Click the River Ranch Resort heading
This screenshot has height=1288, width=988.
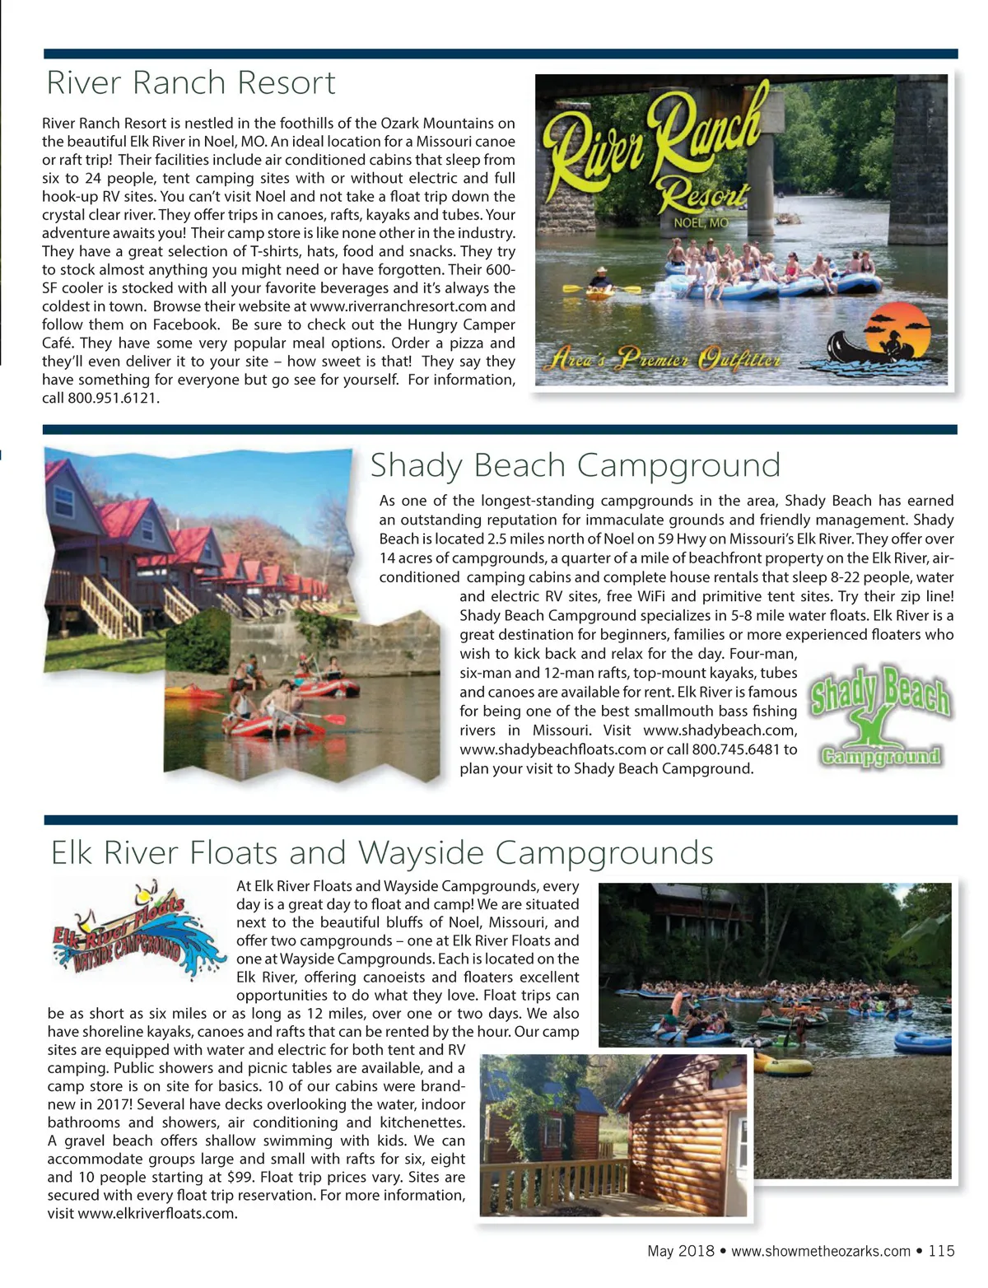(x=191, y=83)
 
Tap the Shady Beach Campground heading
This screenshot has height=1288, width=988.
(x=575, y=465)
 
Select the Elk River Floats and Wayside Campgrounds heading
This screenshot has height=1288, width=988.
(x=382, y=852)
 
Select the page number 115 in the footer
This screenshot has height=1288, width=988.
(x=941, y=1251)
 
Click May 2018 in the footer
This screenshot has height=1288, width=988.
(x=680, y=1251)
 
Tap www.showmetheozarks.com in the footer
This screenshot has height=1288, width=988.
(x=820, y=1251)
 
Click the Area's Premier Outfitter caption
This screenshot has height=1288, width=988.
(x=664, y=360)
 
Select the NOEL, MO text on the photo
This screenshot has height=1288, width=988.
(x=701, y=223)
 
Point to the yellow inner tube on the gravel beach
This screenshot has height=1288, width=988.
(x=787, y=1068)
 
